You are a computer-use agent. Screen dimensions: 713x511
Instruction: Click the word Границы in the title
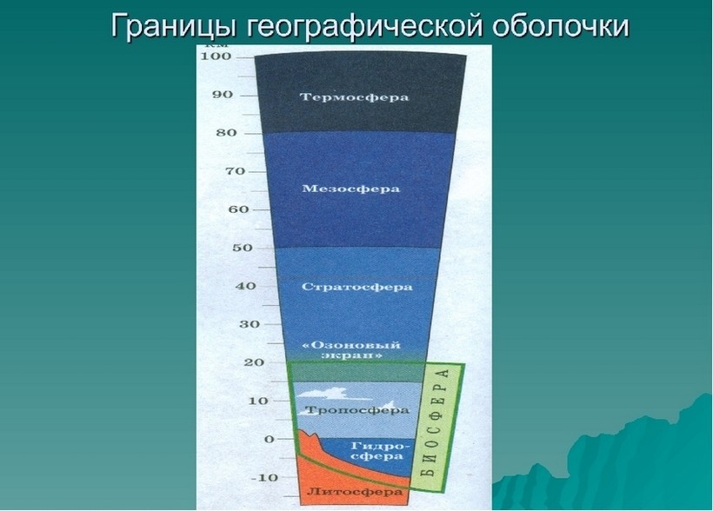point(173,25)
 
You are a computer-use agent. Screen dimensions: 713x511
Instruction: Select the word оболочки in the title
point(561,25)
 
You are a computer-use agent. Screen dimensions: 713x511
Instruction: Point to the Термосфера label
point(354,97)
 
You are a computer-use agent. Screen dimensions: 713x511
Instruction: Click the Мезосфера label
point(350,189)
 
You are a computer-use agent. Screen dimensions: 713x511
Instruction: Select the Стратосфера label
point(357,288)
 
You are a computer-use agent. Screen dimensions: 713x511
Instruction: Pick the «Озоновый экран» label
point(351,349)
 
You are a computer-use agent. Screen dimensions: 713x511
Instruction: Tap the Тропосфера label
point(357,410)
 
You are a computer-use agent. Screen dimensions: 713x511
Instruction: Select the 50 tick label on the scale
point(242,249)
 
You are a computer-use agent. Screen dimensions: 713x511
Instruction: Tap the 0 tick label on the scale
point(270,440)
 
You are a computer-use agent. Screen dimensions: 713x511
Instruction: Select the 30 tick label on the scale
point(250,325)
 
